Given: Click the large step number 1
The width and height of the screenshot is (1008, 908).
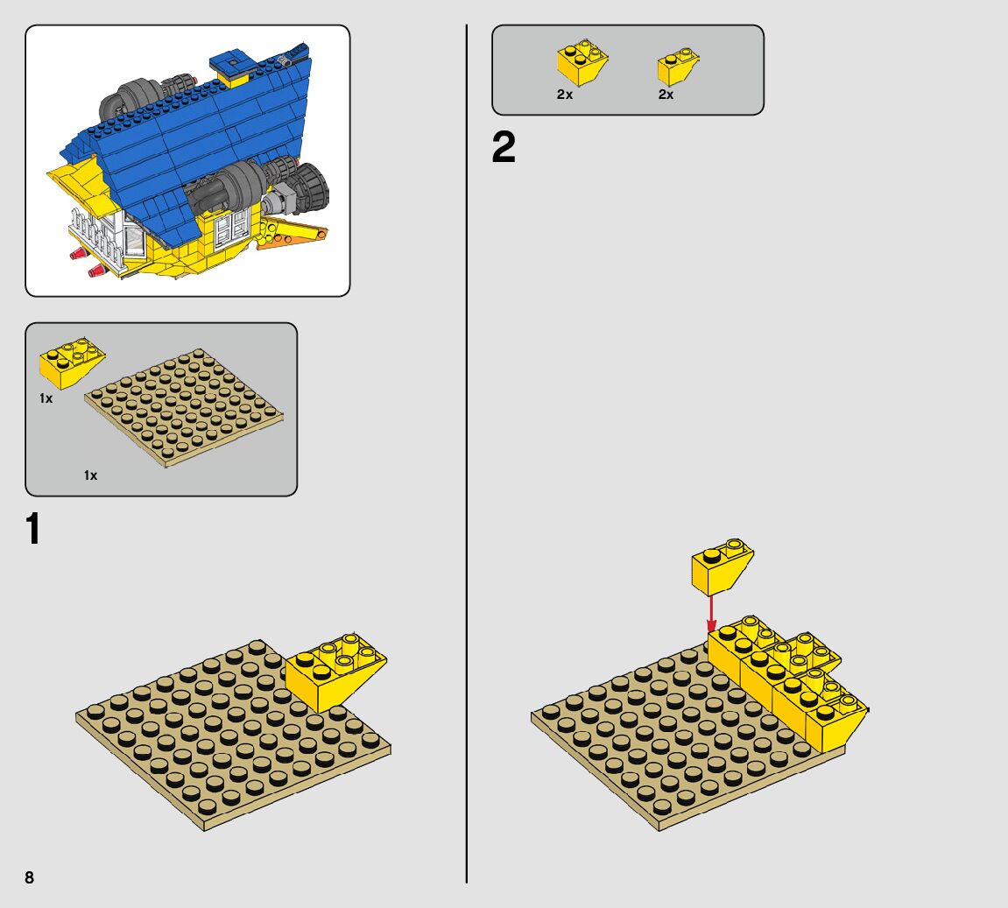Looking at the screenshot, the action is click(x=32, y=528).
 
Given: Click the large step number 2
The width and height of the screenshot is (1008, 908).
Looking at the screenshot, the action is click(x=504, y=147).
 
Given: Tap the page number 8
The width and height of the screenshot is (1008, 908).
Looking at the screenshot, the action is click(x=30, y=877).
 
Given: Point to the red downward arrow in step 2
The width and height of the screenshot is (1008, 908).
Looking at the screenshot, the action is click(x=711, y=614).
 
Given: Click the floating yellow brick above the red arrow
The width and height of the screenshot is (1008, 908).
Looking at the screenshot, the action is click(x=722, y=566).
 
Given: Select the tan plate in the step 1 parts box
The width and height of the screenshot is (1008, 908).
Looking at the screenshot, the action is click(x=184, y=407).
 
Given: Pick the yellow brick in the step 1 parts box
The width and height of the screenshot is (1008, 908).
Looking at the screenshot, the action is click(x=72, y=362).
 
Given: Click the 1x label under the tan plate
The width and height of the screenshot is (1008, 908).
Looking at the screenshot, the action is click(x=91, y=475).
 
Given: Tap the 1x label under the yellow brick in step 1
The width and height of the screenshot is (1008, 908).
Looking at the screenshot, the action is click(x=46, y=398).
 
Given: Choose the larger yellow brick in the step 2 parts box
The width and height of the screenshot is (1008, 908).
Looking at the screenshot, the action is click(x=582, y=61).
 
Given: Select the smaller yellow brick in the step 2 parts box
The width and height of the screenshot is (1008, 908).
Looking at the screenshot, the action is click(x=678, y=67).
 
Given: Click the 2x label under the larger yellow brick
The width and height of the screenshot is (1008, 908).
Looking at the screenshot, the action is click(x=565, y=95).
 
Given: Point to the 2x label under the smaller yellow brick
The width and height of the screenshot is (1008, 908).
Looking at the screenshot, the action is click(x=666, y=95).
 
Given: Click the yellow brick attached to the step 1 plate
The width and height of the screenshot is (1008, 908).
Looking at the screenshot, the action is click(x=335, y=672).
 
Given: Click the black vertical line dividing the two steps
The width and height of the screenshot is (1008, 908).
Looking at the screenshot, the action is click(x=467, y=454).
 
